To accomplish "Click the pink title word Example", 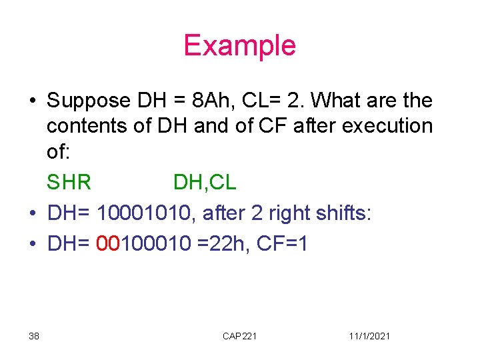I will click(x=239, y=45).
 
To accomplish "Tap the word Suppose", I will click(x=89, y=101).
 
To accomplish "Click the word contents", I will click(x=90, y=125).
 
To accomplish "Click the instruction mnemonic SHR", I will click(x=69, y=181).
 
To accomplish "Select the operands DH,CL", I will click(x=205, y=181).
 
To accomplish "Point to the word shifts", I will click(x=347, y=213).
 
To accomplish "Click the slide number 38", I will click(x=34, y=336).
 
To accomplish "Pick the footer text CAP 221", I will click(x=239, y=336).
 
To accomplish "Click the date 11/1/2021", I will click(x=369, y=336).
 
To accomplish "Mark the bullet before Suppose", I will click(x=32, y=101).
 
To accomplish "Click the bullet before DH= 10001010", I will click(x=32, y=214).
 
